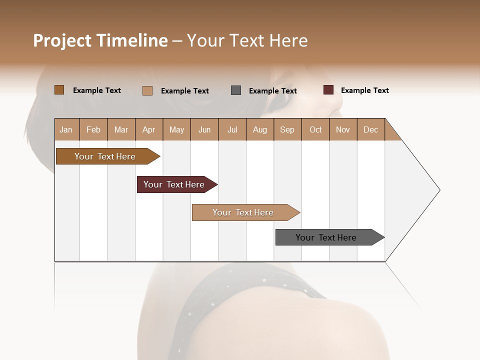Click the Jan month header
pyautogui.click(x=66, y=129)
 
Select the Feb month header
pyautogui.click(x=93, y=129)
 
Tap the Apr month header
pyautogui.click(x=149, y=129)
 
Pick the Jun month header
pyautogui.click(x=204, y=129)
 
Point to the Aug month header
pyautogui.click(x=260, y=129)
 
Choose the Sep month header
pyautogui.click(x=287, y=129)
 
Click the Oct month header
pyautogui.click(x=315, y=129)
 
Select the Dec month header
pyautogui.click(x=371, y=129)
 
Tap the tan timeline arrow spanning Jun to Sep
pyautogui.click(x=244, y=212)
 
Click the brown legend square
pyautogui.click(x=59, y=90)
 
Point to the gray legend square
pyautogui.click(x=236, y=90)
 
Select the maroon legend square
pyautogui.click(x=328, y=90)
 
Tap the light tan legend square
pyautogui.click(x=147, y=90)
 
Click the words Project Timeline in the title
pyautogui.click(x=100, y=40)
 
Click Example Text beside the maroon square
pyautogui.click(x=365, y=90)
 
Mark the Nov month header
pyautogui.click(x=343, y=129)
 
